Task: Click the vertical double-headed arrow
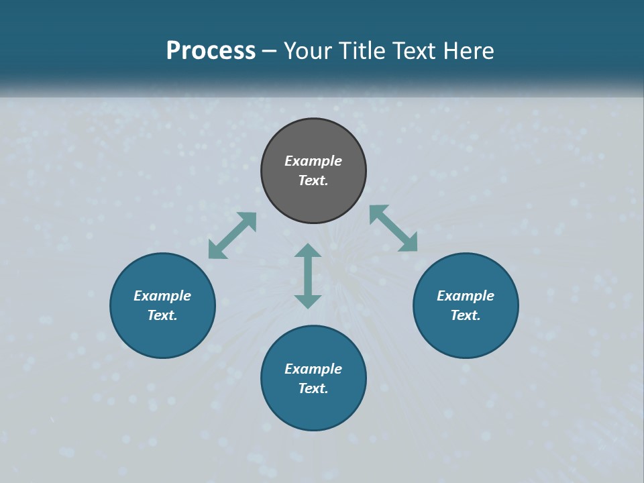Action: [308, 276]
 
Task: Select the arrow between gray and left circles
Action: [232, 235]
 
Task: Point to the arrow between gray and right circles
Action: [393, 228]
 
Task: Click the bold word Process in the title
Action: [211, 51]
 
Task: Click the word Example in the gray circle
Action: [313, 161]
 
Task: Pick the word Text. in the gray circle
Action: [313, 180]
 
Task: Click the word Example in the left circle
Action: [162, 296]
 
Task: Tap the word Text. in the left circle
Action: [162, 315]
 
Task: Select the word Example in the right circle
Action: [466, 296]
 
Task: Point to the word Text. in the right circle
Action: [466, 315]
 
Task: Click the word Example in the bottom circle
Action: [313, 369]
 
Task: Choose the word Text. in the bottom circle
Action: [313, 388]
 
